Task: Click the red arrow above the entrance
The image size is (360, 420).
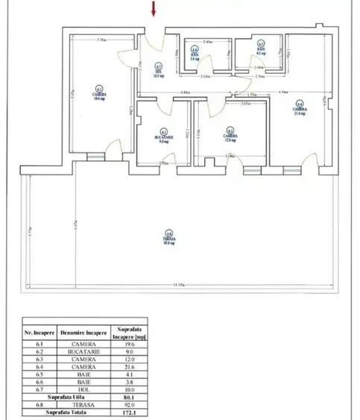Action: point(154,9)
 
